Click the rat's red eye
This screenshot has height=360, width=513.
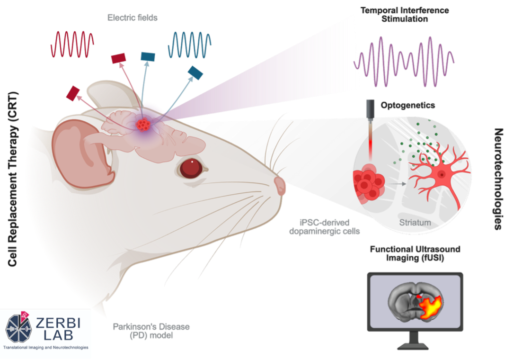(190, 167)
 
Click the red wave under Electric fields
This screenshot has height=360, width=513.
(72, 45)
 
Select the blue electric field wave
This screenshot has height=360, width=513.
(190, 45)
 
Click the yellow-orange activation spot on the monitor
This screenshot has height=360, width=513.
(431, 307)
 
